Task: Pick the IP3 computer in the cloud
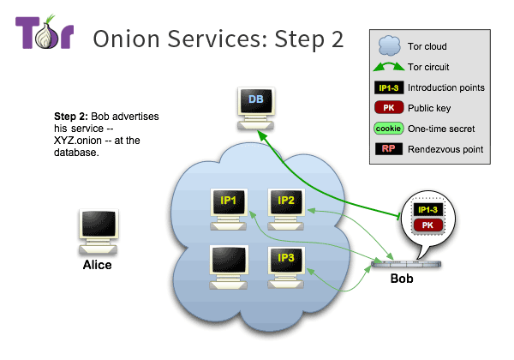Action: pyautogui.click(x=286, y=262)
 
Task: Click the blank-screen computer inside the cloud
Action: pyautogui.click(x=230, y=262)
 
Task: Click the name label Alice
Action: pyautogui.click(x=97, y=265)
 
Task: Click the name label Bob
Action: pyautogui.click(x=402, y=279)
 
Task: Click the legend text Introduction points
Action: pyautogui.click(x=446, y=87)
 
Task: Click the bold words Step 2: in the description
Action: pyautogui.click(x=72, y=116)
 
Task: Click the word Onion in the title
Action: pyautogui.click(x=126, y=39)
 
